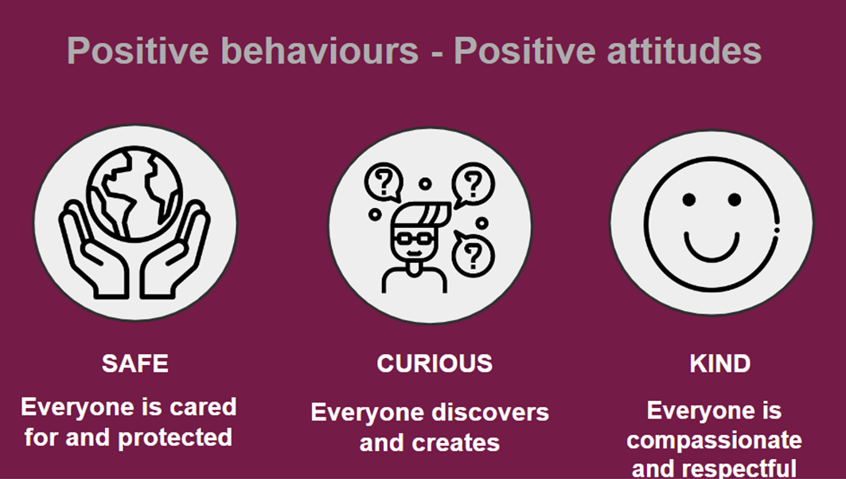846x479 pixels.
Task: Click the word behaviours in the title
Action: tap(319, 50)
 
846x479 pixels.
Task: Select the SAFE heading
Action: tap(135, 363)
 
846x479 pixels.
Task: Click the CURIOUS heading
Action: tap(435, 363)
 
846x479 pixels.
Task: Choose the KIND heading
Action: tap(719, 363)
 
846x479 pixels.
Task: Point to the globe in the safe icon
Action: tap(135, 193)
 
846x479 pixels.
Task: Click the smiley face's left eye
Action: tap(688, 200)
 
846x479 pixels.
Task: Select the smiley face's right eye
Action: tap(735, 200)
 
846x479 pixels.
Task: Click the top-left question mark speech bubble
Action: tap(384, 183)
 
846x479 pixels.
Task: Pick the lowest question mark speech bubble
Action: tap(472, 253)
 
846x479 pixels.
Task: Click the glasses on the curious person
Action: tap(413, 238)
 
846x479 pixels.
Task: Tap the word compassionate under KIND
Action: tap(714, 441)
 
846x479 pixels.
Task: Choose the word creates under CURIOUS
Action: tap(457, 443)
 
